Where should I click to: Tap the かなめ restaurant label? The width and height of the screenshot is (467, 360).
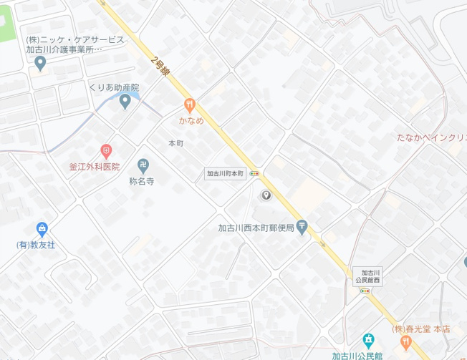pos(191,120)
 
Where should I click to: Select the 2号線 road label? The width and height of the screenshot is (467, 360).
pos(161,67)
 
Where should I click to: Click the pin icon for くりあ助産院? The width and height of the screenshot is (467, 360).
pos(125,102)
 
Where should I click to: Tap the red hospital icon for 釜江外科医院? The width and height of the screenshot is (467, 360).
pos(106,151)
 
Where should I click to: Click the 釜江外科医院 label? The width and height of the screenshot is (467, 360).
pos(94,166)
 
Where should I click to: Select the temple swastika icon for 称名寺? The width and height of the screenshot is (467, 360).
pos(143,166)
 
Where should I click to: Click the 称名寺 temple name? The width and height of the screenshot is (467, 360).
pos(142,182)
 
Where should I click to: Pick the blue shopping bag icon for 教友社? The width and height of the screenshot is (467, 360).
pos(42,230)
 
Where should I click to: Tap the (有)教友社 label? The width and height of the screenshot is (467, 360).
pos(37,245)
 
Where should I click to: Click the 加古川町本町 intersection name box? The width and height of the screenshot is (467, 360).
pos(226,173)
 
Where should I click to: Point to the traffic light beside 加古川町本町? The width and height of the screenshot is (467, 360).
pos(256,173)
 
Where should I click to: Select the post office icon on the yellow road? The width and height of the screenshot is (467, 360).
pos(302,227)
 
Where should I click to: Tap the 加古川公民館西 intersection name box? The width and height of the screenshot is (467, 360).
pos(370,276)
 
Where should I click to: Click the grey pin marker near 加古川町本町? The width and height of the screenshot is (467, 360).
pos(266,195)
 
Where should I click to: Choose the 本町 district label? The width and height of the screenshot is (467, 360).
pos(175,143)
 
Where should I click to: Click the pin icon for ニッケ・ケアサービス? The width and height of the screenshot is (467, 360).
pos(40,64)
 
